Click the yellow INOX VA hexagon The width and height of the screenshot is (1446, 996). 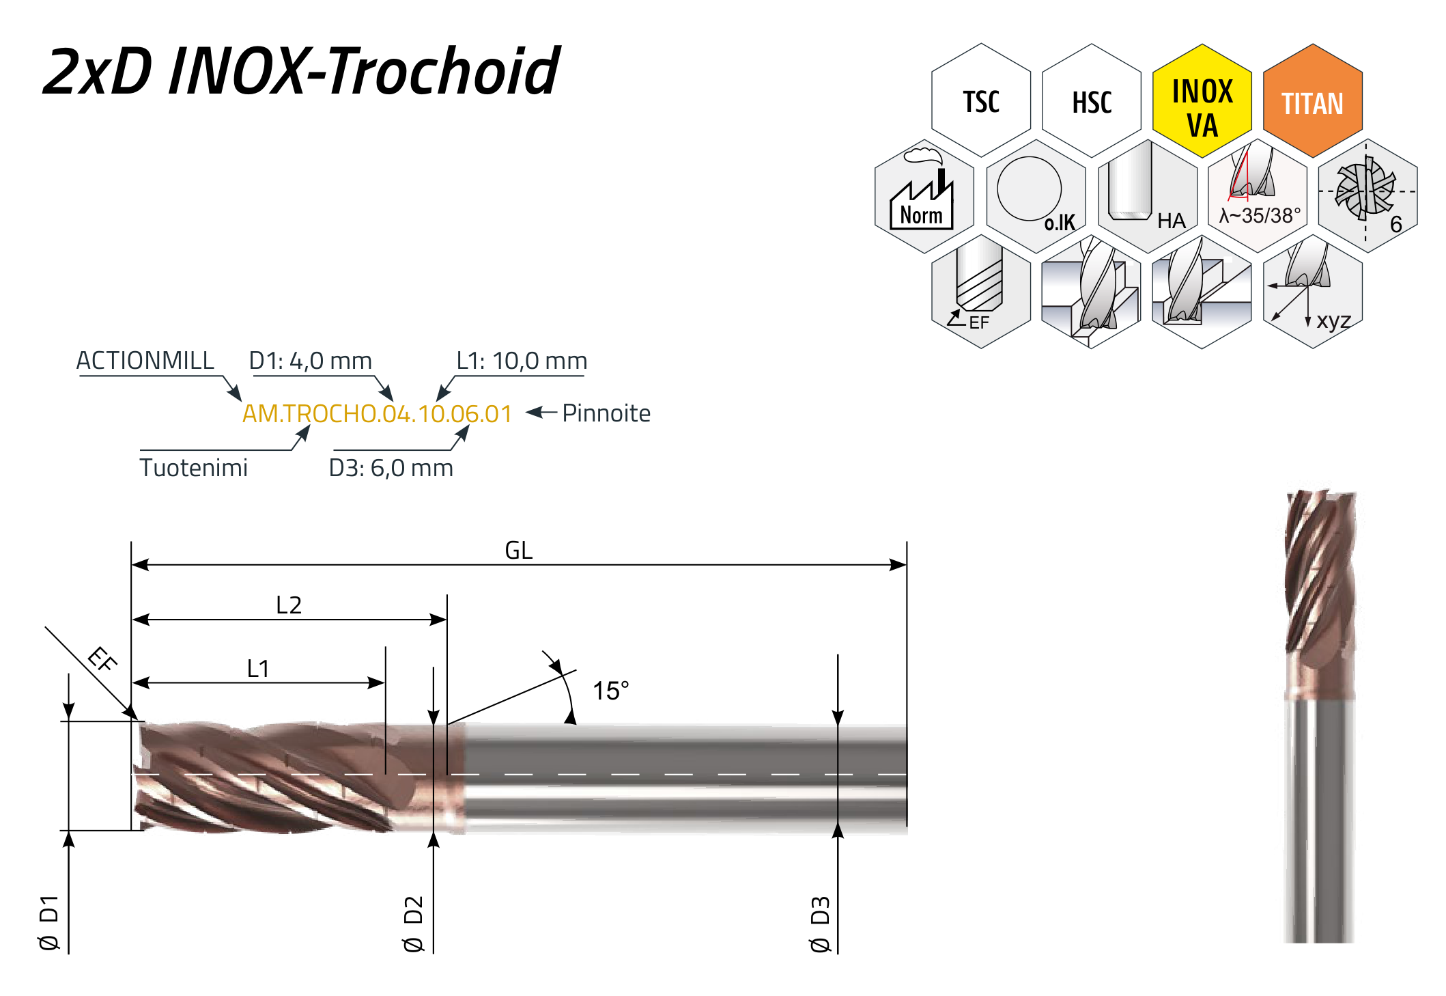pos(1202,100)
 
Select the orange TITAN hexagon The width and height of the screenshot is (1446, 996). pos(1312,100)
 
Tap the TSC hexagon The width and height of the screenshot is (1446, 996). pos(981,100)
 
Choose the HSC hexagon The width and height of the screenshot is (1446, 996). pos(1092,100)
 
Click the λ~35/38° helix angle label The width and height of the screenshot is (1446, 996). pos(1260,216)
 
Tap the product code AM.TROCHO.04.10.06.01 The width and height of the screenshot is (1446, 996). pos(377,413)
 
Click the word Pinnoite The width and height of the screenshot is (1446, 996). pos(606,413)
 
